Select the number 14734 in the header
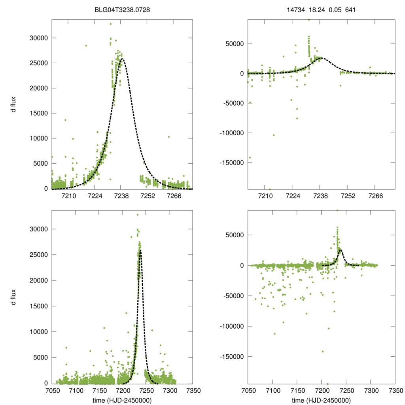296,10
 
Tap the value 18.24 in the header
318,10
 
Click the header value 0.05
335,10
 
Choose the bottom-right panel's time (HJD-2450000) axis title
321,400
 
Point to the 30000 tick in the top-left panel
39,38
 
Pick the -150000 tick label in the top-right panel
231,163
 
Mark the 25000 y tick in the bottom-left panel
39,255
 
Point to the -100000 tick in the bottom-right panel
231,326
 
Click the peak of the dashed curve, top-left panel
122,59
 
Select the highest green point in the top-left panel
111,24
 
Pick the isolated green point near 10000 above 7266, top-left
168,137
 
